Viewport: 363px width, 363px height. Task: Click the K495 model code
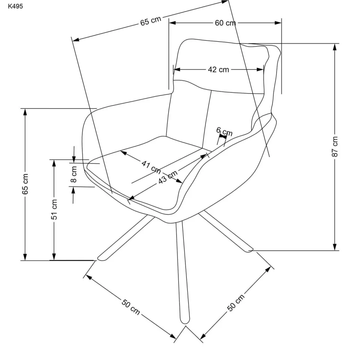[x=15, y=6]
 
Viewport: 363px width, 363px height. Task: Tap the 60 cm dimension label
[x=225, y=23]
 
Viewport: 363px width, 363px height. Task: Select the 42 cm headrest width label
[x=218, y=70]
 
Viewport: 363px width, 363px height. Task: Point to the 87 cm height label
[x=335, y=146]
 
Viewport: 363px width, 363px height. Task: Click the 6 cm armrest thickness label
[x=224, y=131]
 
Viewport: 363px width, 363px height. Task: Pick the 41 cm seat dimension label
[x=151, y=167]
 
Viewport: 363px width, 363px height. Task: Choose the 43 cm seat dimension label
[x=168, y=177]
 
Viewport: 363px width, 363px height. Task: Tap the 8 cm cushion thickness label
[x=74, y=174]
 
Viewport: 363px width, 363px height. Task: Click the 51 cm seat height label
[x=54, y=209]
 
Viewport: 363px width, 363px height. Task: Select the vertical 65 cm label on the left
[x=25, y=184]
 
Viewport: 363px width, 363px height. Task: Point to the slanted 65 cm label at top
[x=150, y=21]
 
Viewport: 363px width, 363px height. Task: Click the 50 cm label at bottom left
[x=131, y=307]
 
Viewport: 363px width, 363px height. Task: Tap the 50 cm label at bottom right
[x=236, y=303]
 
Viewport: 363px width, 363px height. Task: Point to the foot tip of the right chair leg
[x=250, y=250]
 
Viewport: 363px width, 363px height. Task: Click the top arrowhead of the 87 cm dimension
[x=335, y=47]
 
